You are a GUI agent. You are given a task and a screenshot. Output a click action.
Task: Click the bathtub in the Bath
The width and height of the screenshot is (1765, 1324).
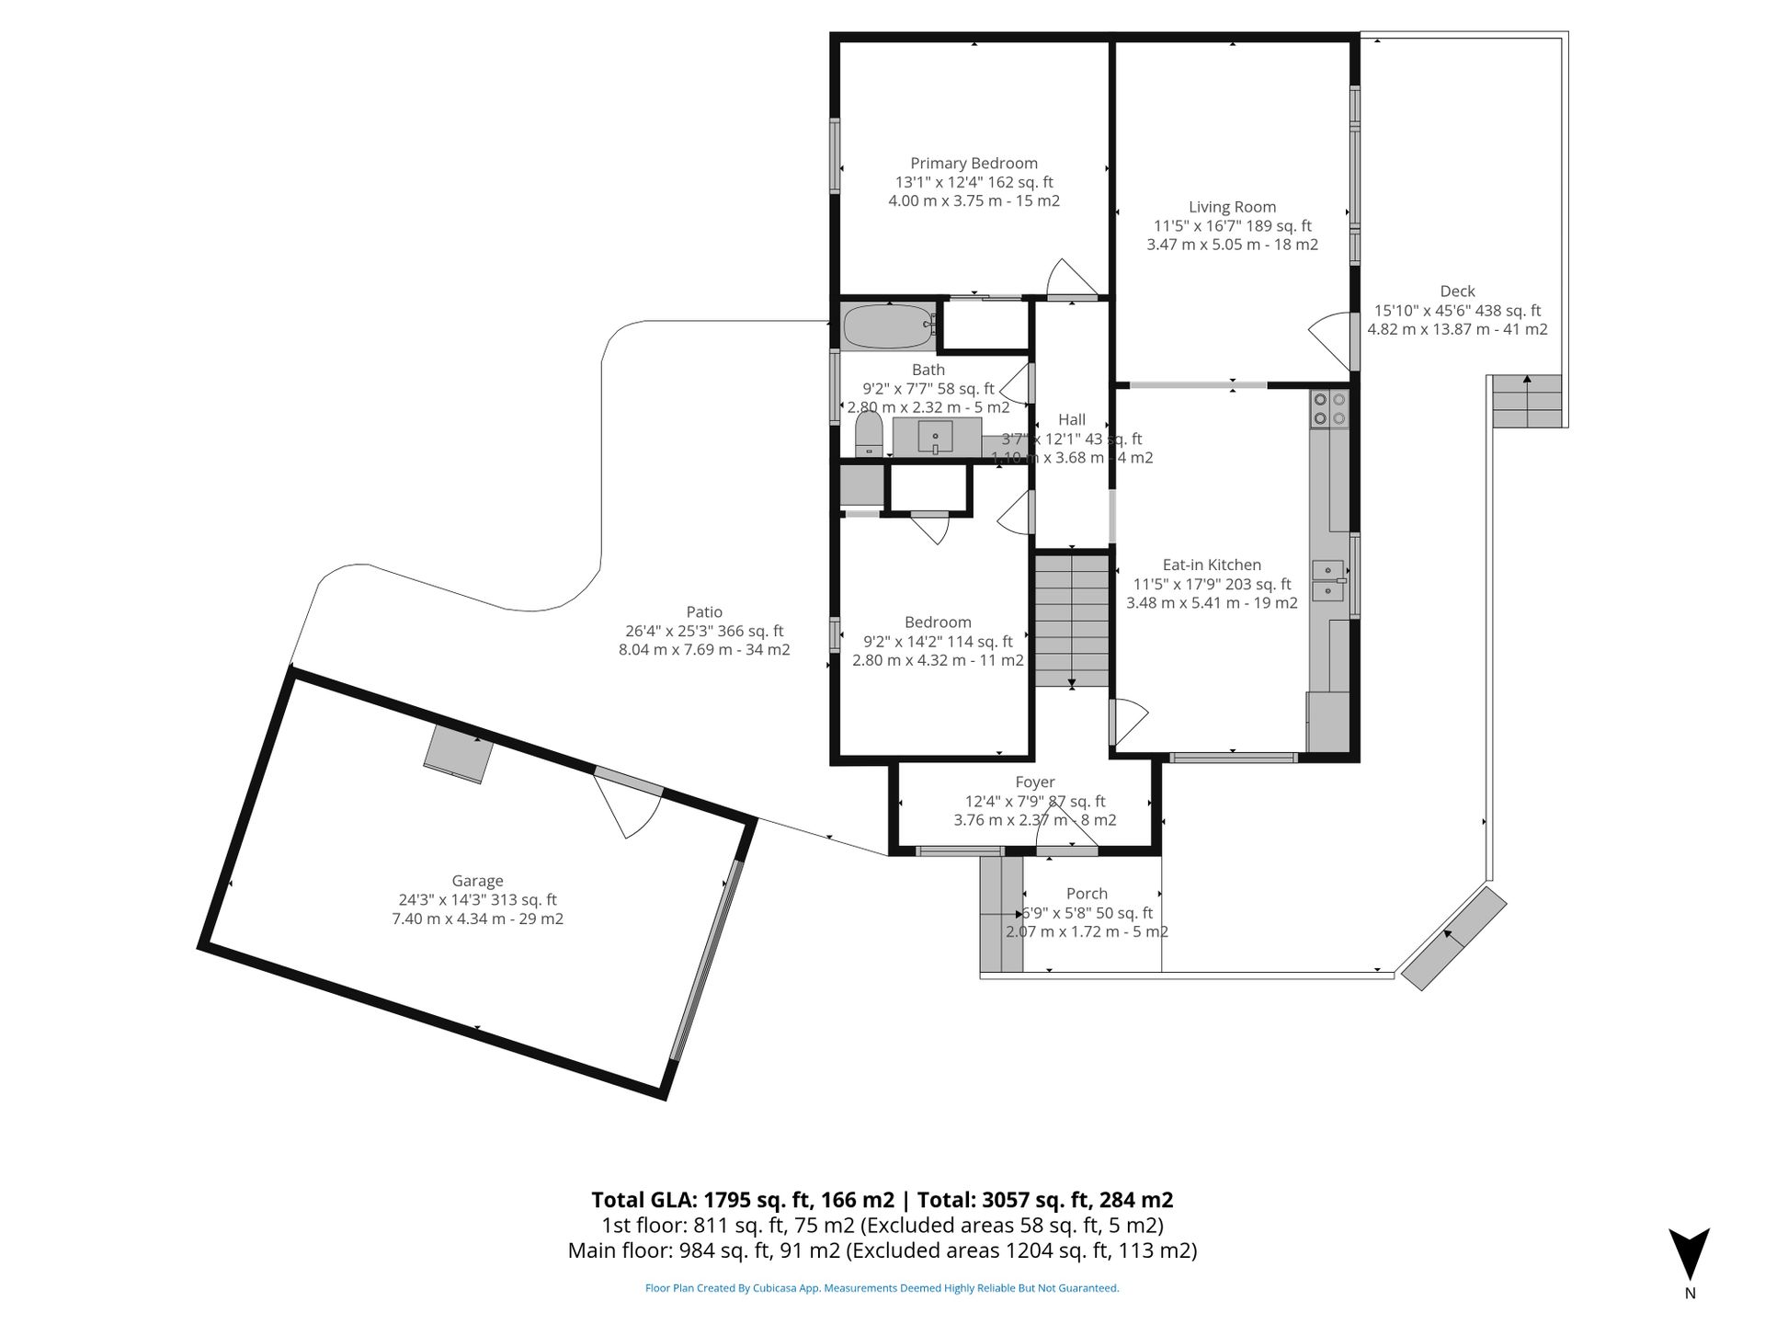pyautogui.click(x=888, y=326)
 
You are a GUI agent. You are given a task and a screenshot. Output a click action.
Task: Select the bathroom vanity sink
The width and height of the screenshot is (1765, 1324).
pyautogui.click(x=936, y=437)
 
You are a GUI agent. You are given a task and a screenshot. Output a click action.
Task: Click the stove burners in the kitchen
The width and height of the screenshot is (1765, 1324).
pyautogui.click(x=1329, y=408)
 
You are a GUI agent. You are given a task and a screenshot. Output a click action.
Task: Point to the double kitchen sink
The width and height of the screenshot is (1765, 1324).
pyautogui.click(x=1327, y=580)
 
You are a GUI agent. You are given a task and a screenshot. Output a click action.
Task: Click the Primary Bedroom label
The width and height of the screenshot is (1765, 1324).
pyautogui.click(x=974, y=163)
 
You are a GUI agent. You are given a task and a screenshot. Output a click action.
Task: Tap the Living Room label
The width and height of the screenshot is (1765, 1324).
pyautogui.click(x=1232, y=207)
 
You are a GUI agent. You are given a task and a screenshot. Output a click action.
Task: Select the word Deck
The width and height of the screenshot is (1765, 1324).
pyautogui.click(x=1457, y=291)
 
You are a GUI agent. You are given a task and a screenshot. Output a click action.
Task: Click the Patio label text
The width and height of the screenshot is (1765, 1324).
pyautogui.click(x=704, y=611)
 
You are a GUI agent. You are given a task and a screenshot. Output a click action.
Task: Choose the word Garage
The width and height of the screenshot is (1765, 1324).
pyautogui.click(x=477, y=880)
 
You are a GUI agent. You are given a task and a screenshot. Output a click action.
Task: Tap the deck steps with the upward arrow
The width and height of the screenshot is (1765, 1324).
pyautogui.click(x=1527, y=400)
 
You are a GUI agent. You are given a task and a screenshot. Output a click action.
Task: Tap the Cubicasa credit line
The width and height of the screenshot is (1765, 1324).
pyautogui.click(x=882, y=1288)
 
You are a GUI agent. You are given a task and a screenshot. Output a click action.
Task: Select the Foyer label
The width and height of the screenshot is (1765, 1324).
pyautogui.click(x=1035, y=782)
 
